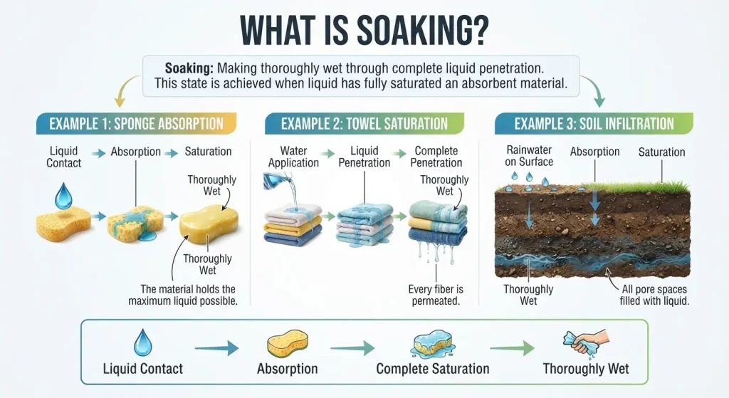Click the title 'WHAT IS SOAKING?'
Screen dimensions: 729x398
364,31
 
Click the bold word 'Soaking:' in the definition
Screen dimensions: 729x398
189,68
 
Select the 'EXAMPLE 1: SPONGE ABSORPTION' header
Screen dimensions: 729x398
136,124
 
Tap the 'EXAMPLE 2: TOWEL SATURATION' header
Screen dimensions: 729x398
364,124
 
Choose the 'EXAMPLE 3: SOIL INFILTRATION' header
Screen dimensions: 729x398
594,124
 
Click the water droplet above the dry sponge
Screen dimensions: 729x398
63,197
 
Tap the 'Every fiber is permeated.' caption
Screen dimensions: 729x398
436,295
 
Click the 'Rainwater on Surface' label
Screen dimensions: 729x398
529,156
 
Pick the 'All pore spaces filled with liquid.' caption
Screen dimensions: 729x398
654,295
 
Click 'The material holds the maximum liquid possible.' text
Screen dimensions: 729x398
183,295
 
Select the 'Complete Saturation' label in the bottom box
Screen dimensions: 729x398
433,369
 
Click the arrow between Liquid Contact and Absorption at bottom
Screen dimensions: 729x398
216,347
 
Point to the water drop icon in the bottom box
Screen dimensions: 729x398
142,342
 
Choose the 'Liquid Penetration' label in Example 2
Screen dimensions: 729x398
364,157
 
